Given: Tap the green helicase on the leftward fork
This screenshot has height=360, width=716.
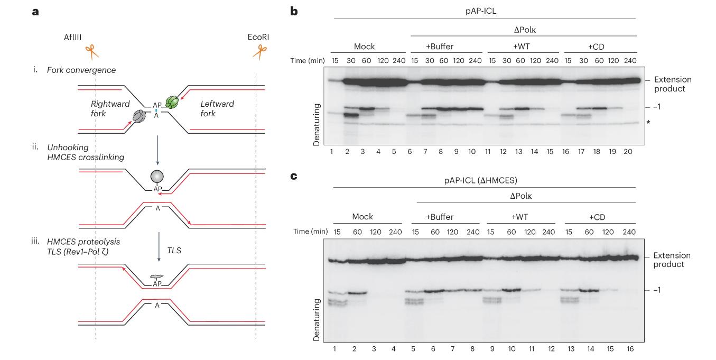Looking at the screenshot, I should pyautogui.click(x=172, y=101).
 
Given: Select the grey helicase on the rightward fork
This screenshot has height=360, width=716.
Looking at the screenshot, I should pyautogui.click(x=140, y=116).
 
